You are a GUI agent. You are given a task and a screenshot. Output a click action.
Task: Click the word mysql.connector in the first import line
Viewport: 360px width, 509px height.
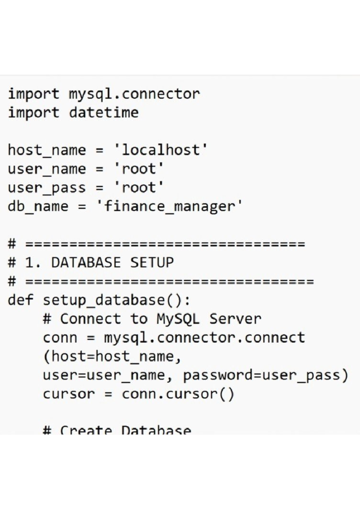point(134,94)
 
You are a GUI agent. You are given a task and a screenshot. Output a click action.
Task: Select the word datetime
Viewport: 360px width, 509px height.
point(103,113)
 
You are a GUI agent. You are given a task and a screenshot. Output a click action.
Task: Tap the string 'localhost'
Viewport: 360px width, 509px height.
point(160,150)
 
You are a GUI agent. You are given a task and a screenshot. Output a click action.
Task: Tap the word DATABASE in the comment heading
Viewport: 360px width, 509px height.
point(86,263)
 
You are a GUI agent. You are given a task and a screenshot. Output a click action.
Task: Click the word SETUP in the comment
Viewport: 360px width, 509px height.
point(152,263)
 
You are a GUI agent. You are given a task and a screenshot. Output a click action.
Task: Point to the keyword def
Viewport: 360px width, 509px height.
point(20,300)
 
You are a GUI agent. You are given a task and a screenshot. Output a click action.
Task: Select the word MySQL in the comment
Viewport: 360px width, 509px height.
point(178,319)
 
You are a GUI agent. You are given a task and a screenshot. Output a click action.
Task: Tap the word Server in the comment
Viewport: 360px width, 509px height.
point(235,319)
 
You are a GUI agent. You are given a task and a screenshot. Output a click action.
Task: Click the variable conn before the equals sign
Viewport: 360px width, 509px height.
point(60,338)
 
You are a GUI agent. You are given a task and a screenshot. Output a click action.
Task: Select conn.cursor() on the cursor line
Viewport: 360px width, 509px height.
point(178,394)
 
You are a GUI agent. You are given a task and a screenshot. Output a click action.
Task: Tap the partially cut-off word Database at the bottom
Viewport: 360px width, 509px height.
point(156,430)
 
